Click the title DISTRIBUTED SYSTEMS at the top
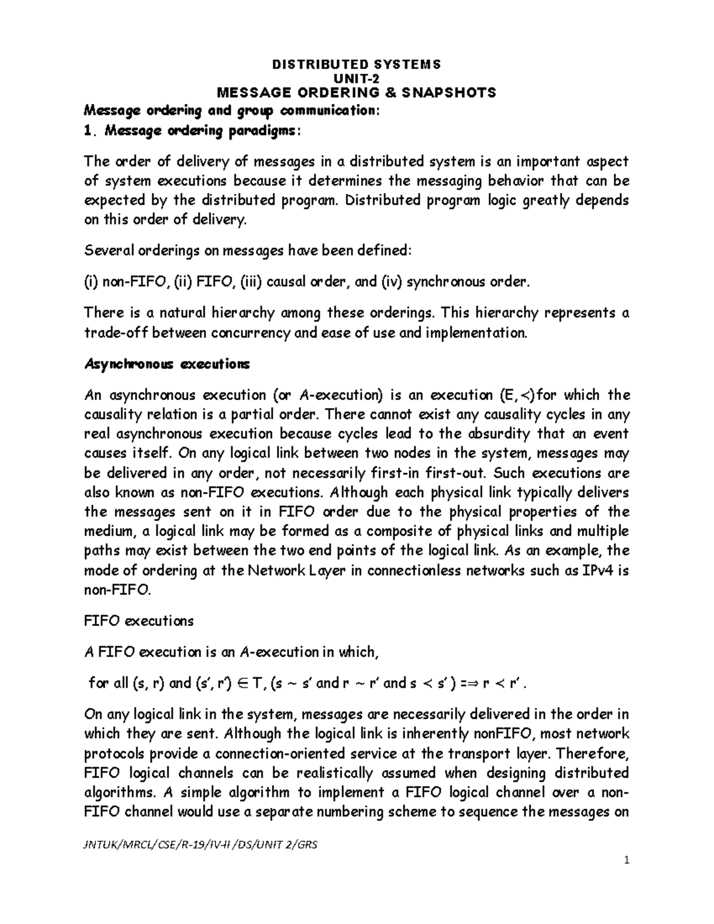[356, 64]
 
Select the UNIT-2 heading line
[356, 78]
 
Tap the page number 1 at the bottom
[627, 860]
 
